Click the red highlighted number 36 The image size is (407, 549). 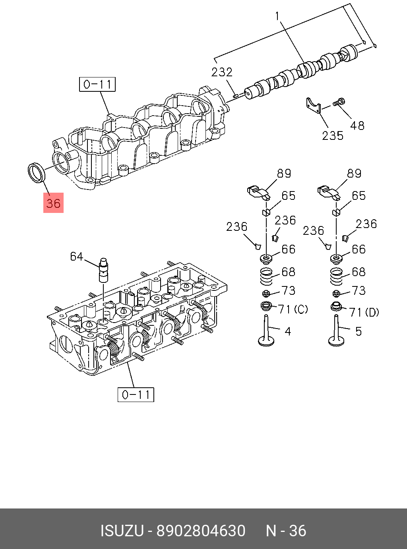53,203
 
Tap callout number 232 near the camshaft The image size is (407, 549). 222,72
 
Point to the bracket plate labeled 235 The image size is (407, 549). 313,106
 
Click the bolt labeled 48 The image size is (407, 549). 339,102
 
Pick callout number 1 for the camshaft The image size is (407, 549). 277,16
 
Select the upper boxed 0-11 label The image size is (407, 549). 97,85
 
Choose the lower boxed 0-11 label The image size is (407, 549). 136,394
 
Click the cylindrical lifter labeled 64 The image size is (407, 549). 104,270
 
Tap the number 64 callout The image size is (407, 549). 77,257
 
